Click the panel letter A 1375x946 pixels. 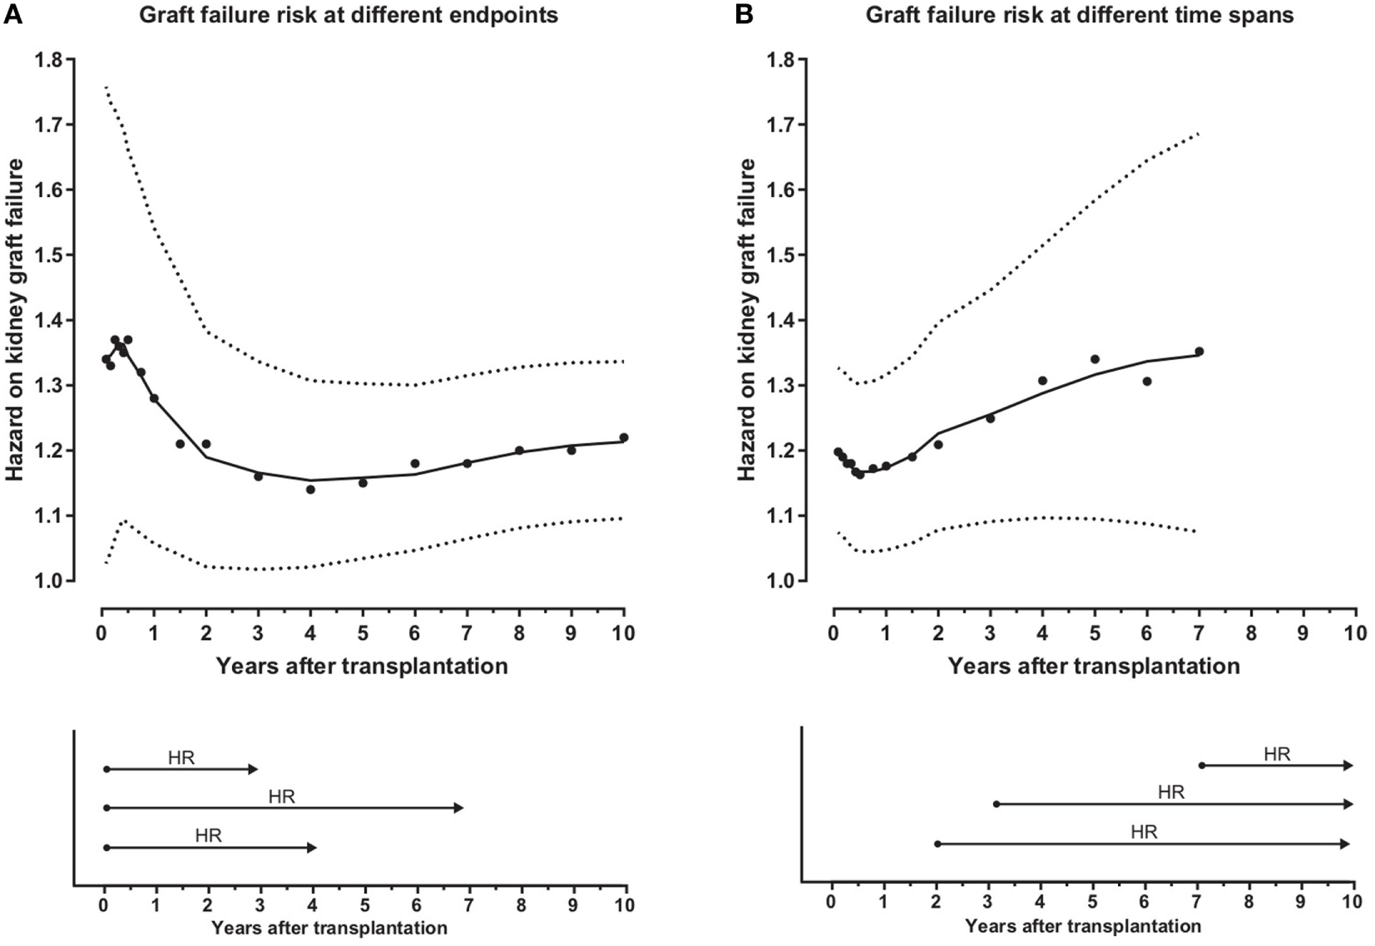click(x=12, y=15)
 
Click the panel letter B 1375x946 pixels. click(x=744, y=15)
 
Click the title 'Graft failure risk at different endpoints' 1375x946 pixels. click(x=348, y=15)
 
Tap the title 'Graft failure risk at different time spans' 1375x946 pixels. click(x=1079, y=15)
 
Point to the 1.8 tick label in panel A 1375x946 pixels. click(x=48, y=60)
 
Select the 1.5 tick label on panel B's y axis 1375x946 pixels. click(x=780, y=255)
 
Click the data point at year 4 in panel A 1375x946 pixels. click(x=310, y=490)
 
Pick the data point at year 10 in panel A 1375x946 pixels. click(x=624, y=437)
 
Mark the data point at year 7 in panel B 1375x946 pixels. click(x=1199, y=352)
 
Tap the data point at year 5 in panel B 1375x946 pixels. click(x=1095, y=359)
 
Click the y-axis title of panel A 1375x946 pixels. click(x=15, y=320)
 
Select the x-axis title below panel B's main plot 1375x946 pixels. click(x=1094, y=666)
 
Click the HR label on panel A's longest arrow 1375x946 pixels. click(x=282, y=797)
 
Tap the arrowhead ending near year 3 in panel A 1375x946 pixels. click(x=255, y=769)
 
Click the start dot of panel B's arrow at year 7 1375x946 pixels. click(x=1201, y=766)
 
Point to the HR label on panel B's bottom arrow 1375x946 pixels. click(x=1144, y=832)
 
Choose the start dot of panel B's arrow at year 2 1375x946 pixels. click(x=937, y=844)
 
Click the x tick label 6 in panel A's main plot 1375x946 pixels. click(x=415, y=633)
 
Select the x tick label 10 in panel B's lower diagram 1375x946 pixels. click(x=1352, y=903)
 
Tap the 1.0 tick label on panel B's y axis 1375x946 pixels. click(x=780, y=581)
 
